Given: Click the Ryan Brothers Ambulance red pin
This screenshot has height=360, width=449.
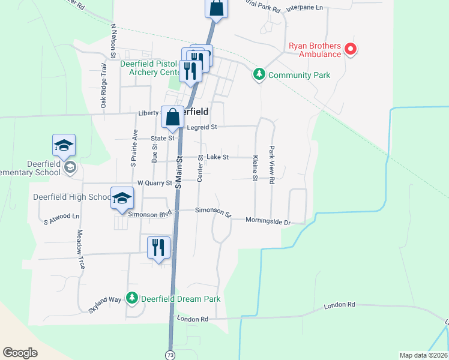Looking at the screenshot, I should pos(350,50).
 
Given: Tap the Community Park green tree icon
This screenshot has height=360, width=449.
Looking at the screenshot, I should pos(259,75).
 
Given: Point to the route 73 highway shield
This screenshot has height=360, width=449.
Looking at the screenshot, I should pos(170,355).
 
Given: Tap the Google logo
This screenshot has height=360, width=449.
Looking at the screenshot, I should pos(20,353).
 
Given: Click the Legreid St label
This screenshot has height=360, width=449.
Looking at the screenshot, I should pos(202,127).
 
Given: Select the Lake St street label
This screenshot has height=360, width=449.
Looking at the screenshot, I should pos(217,157).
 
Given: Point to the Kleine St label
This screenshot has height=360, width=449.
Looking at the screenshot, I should pos(255,168).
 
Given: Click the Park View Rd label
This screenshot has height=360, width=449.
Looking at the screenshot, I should pos(272,164).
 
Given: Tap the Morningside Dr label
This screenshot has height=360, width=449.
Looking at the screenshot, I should pos(268,221).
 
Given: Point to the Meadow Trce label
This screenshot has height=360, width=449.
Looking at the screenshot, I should pos(79,249).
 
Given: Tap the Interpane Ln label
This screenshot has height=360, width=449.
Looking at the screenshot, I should pos(304,8).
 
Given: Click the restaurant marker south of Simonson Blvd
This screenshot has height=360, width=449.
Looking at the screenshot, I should pos(158,247).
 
